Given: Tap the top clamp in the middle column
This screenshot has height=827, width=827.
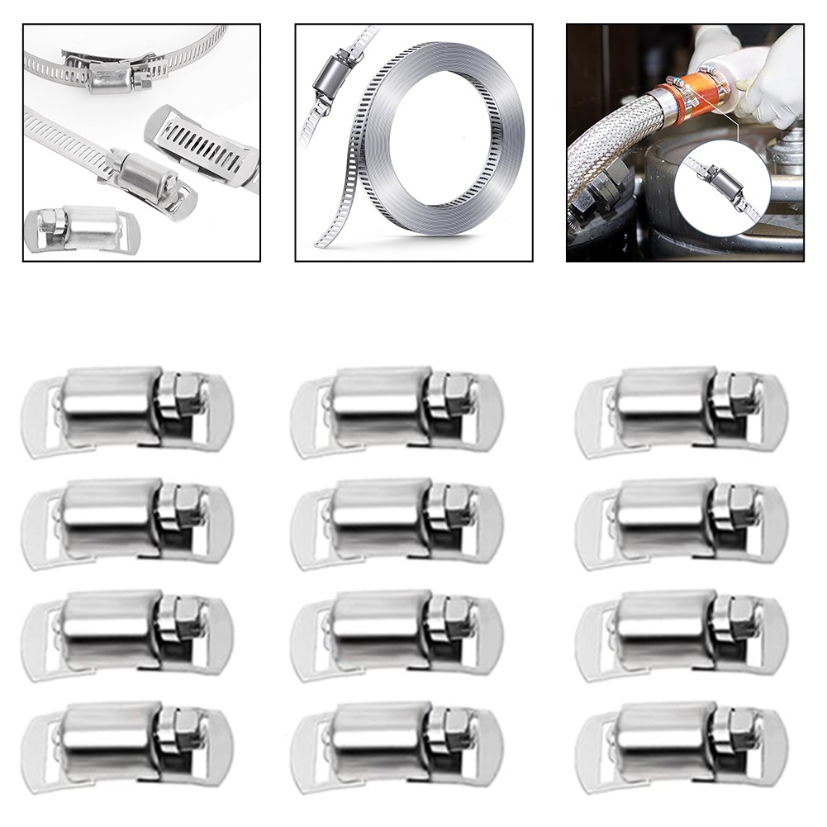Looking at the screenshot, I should tap(397, 411).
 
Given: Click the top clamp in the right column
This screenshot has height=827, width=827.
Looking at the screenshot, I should tap(682, 411).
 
